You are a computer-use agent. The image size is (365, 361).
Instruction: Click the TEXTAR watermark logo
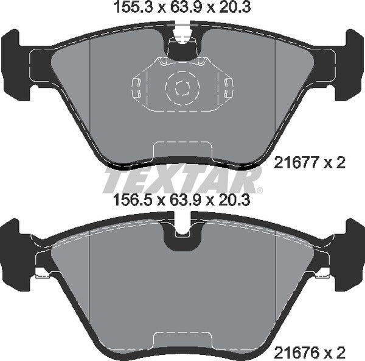click(x=182, y=180)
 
